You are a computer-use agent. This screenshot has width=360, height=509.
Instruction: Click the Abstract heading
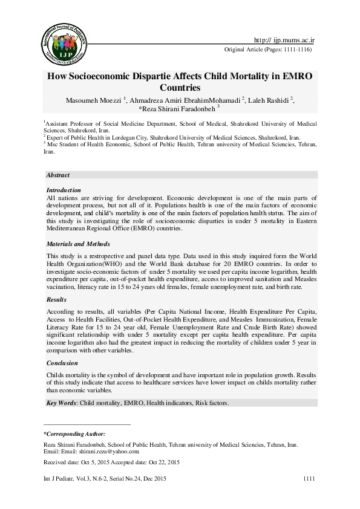tap(58, 175)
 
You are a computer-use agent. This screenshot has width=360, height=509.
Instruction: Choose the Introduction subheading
tap(64, 190)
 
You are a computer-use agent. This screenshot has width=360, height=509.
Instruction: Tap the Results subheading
tap(57, 299)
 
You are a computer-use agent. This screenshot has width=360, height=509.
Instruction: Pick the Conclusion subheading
tap(62, 363)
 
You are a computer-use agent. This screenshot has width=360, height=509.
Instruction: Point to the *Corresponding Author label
tap(74, 434)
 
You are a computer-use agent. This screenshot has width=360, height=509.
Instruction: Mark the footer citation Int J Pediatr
tap(61, 479)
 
